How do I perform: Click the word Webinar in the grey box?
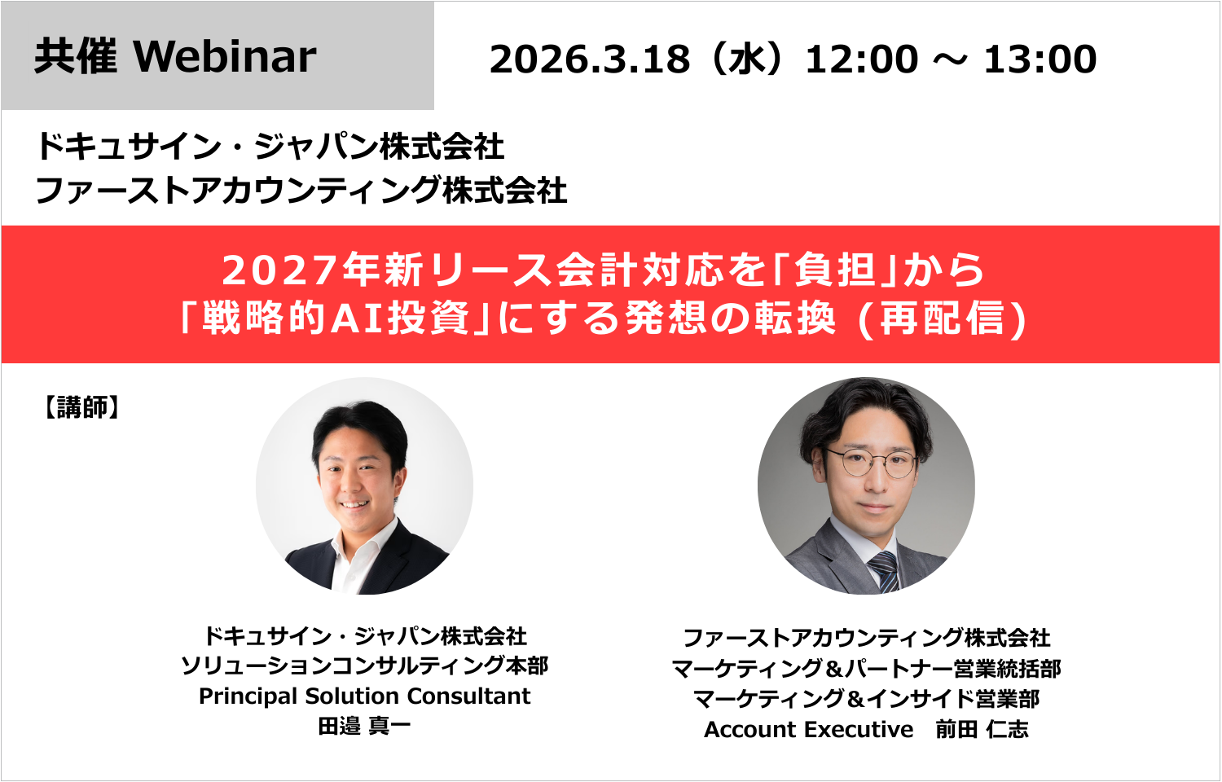pyautogui.click(x=225, y=57)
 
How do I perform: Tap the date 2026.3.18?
pyautogui.click(x=589, y=59)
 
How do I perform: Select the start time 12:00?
pyautogui.click(x=861, y=59)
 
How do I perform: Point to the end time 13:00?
pyautogui.click(x=1040, y=59)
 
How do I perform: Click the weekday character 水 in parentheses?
pyautogui.click(x=747, y=59)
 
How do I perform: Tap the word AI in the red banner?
pyautogui.click(x=358, y=319)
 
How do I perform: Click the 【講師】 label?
pyautogui.click(x=81, y=407)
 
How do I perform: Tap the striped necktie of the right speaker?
pyautogui.click(x=884, y=570)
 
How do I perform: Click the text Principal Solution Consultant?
pyautogui.click(x=364, y=696)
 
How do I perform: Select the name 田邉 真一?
pyautogui.click(x=364, y=726)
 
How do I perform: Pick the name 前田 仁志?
pyautogui.click(x=982, y=730)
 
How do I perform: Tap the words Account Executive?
pyautogui.click(x=808, y=730)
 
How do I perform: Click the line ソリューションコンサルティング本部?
pyautogui.click(x=364, y=666)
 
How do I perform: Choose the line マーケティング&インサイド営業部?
pyautogui.click(x=866, y=699)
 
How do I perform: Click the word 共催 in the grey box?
pyautogui.click(x=76, y=57)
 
